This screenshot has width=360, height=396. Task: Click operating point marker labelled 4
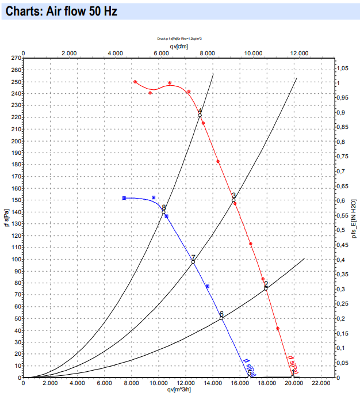click(x=200, y=115)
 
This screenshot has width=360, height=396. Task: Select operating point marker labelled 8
click(x=163, y=212)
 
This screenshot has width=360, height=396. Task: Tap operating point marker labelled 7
click(x=193, y=262)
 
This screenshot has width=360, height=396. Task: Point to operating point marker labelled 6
click(x=221, y=318)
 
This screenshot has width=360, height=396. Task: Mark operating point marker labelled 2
click(x=266, y=288)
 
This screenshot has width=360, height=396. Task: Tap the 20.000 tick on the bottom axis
click(x=293, y=383)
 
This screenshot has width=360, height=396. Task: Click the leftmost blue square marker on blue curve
click(x=124, y=198)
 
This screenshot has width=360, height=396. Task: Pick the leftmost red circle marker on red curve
click(x=135, y=82)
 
